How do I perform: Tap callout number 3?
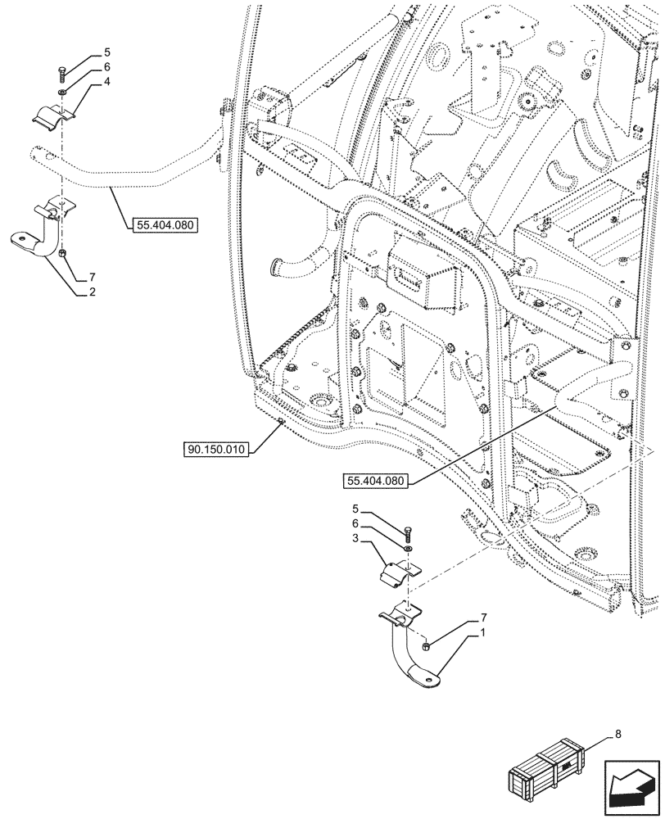(x=355, y=540)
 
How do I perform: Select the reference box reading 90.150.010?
(x=215, y=450)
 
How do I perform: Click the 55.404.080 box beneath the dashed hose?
(x=164, y=223)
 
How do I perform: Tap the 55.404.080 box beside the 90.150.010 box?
(x=374, y=481)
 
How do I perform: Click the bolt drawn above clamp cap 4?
(x=61, y=75)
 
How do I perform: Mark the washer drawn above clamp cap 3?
(x=408, y=548)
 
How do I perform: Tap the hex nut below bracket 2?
(x=62, y=256)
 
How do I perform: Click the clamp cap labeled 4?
(x=54, y=115)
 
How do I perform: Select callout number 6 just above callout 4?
(x=106, y=66)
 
